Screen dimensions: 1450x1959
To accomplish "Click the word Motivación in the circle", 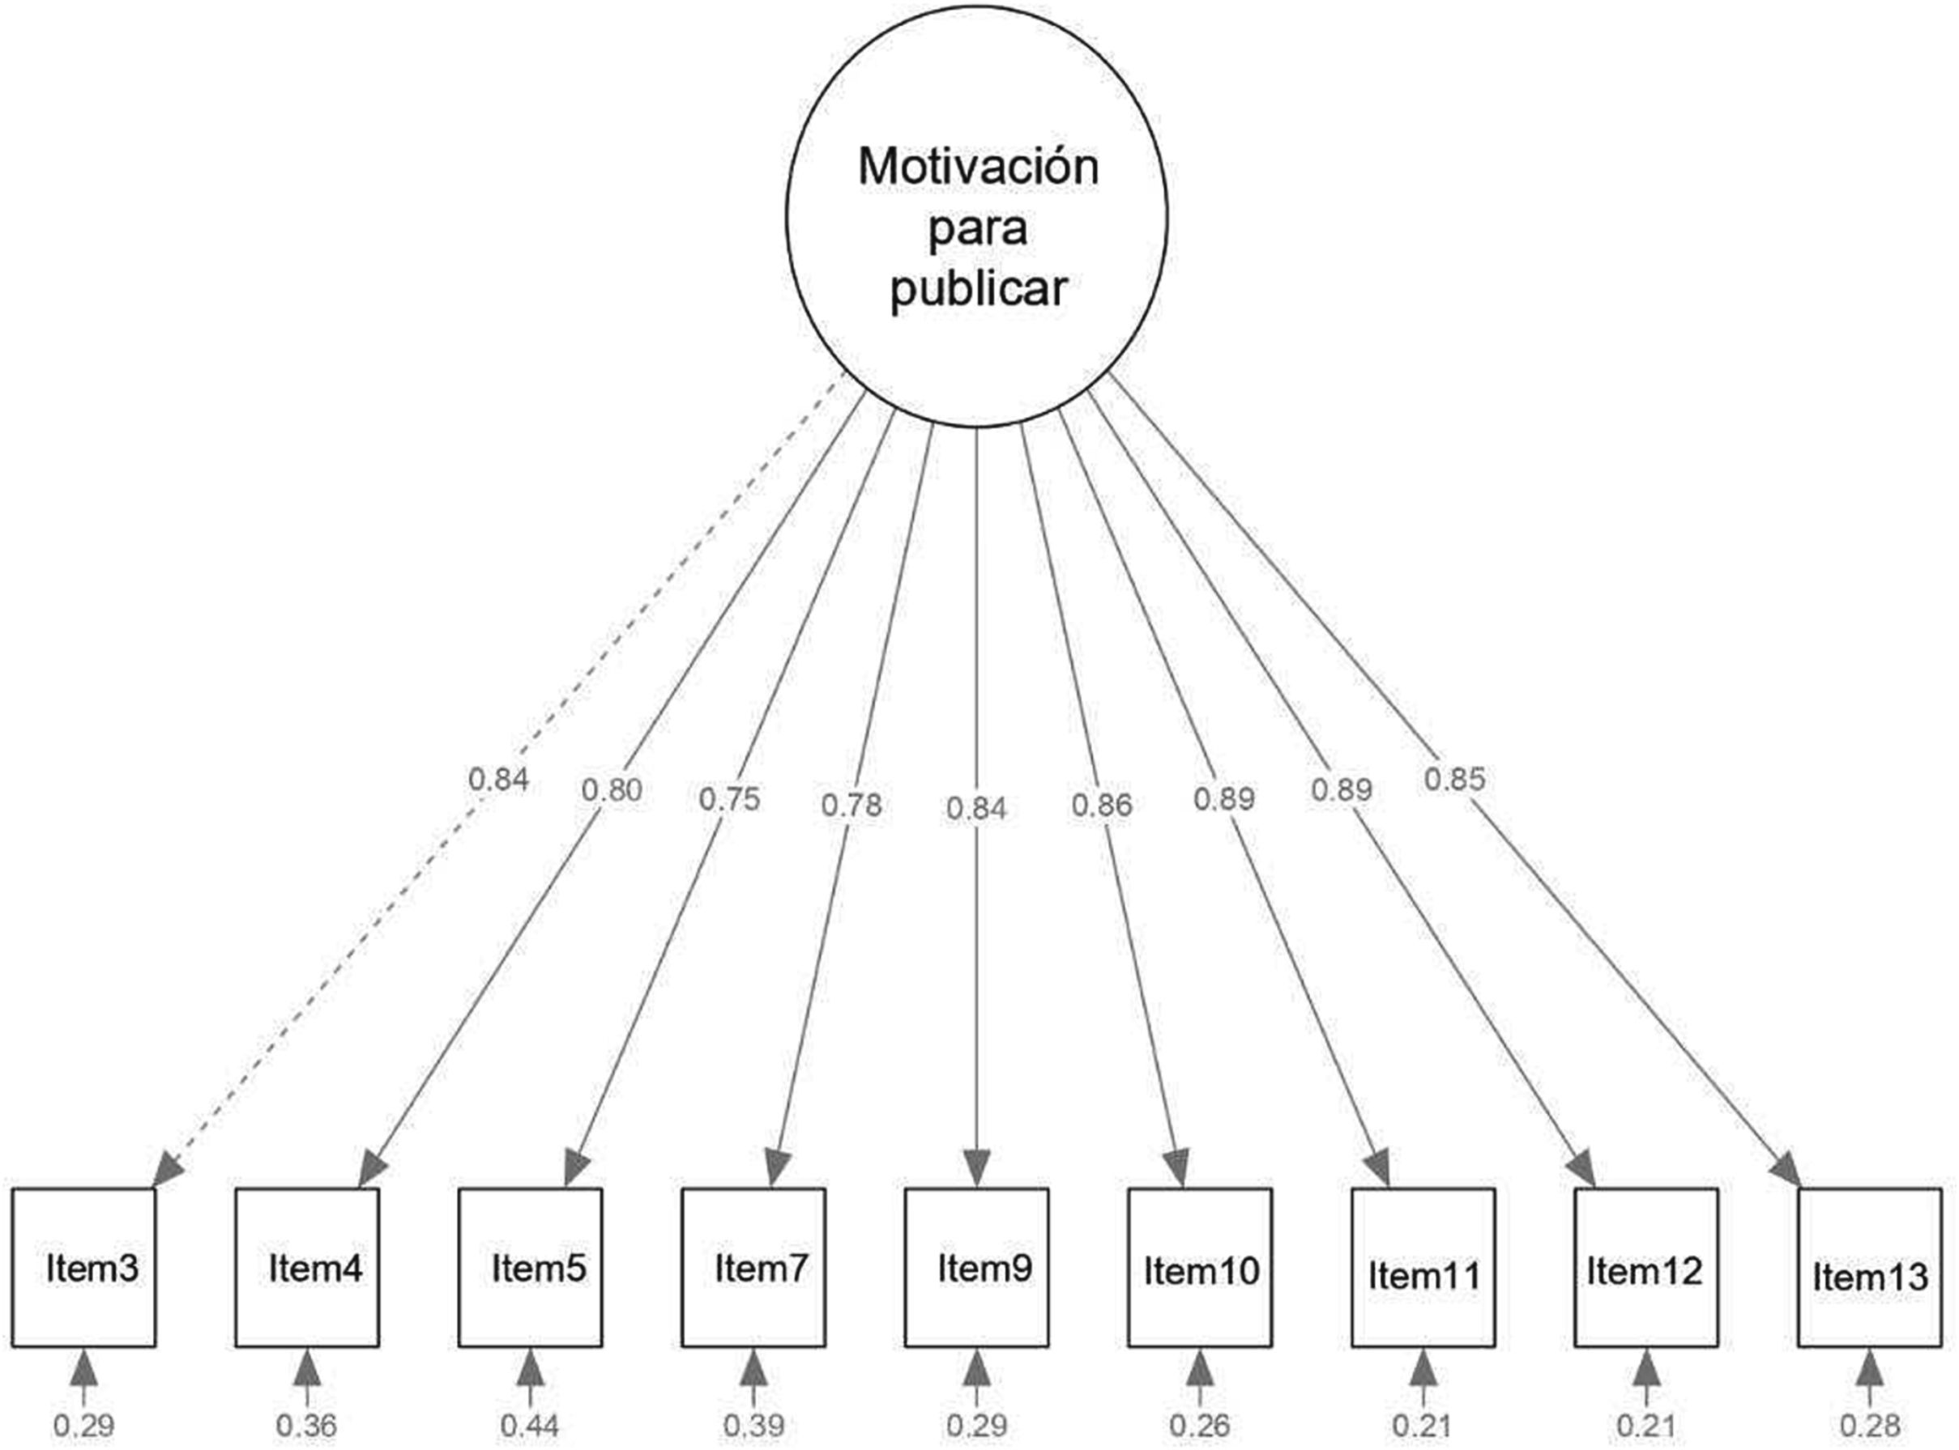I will pos(978,167).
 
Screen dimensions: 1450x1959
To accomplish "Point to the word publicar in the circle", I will pos(978,288).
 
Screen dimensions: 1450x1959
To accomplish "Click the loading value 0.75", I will pos(729,800).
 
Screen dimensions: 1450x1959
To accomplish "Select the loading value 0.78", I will pos(851,804).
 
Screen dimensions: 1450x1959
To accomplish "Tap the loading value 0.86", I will pos(1101,804).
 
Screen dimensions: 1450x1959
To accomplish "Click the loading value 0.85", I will pos(1454,779).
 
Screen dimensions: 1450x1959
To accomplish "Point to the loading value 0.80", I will pos(611,790).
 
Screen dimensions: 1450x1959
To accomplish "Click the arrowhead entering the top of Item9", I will pos(976,1169).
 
